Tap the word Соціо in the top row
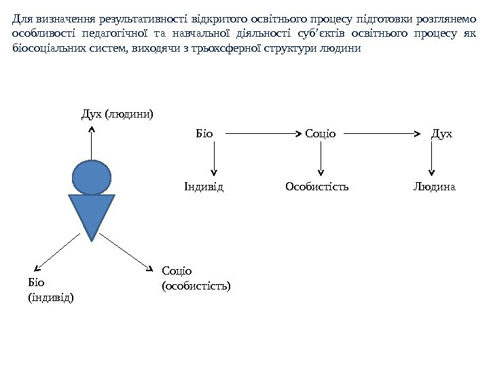pyautogui.click(x=321, y=133)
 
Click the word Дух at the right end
pyautogui.click(x=441, y=133)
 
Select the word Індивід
pyautogui.click(x=204, y=186)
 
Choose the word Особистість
pyautogui.click(x=317, y=186)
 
